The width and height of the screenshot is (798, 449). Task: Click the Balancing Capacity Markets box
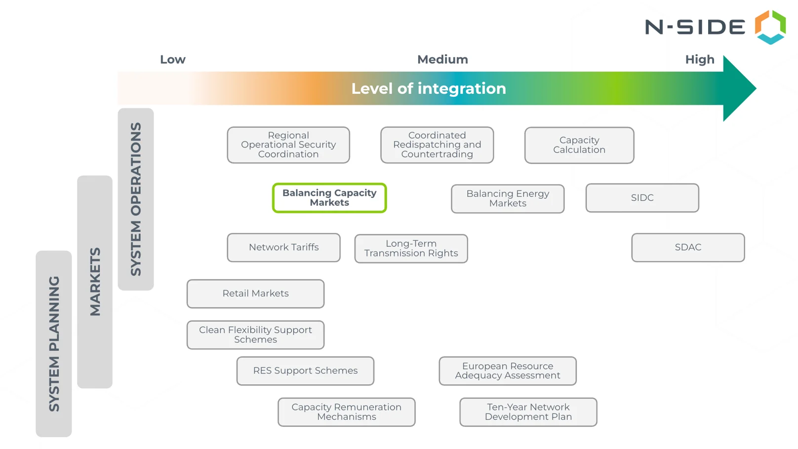[x=329, y=198]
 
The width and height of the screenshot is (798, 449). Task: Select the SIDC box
[x=642, y=198]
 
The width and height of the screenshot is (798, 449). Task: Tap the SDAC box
[x=688, y=247]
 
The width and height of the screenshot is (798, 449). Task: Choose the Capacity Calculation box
[x=579, y=145]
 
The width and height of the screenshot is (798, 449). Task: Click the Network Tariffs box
[x=283, y=247]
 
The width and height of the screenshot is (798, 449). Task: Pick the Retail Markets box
[x=255, y=294]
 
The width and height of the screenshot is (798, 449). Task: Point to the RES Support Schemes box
[x=305, y=371]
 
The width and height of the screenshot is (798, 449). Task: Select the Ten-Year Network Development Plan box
[x=528, y=412]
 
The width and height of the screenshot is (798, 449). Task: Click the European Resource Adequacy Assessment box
[x=507, y=371]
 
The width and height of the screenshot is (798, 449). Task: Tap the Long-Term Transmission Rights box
[x=411, y=248]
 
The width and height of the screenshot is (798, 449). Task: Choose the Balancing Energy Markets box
[x=508, y=198]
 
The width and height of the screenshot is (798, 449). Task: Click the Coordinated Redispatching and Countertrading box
[x=437, y=145]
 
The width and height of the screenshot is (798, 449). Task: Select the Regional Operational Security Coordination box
[x=288, y=145]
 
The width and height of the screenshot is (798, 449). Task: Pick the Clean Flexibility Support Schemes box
[x=255, y=335]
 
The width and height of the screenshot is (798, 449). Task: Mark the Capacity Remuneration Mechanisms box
[x=346, y=412]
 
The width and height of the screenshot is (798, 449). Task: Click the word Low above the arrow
[x=172, y=60]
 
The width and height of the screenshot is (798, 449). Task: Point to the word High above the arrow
[x=699, y=60]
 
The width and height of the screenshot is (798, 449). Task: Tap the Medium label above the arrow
[x=442, y=60]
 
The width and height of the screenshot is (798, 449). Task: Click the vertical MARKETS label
[x=95, y=282]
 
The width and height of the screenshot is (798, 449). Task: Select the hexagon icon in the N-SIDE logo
[x=770, y=27]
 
